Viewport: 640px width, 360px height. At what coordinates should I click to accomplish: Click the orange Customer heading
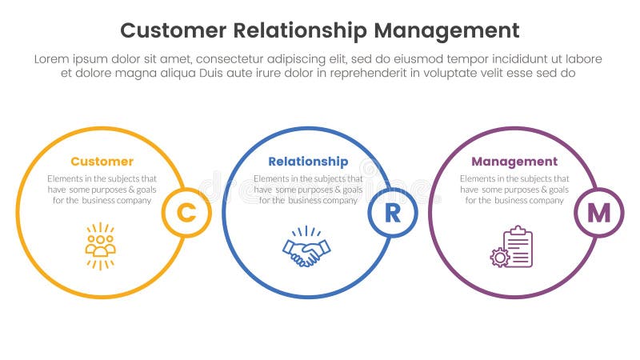pos(102,162)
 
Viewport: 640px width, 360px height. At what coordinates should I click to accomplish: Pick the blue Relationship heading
pos(308,162)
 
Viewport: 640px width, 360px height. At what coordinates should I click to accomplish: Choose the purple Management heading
pos(514,162)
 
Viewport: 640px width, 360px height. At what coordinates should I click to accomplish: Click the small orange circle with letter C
pos(186,213)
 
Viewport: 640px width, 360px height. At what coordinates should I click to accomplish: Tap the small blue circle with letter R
pos(392,213)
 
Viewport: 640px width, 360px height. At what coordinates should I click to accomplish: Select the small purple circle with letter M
pos(598,213)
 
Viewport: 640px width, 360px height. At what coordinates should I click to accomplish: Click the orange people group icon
pos(101,246)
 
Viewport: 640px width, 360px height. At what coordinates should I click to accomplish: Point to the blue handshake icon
pos(306,247)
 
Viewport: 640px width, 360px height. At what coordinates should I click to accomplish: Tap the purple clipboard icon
pos(518,247)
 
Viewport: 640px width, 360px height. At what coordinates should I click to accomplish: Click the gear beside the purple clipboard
pos(500,257)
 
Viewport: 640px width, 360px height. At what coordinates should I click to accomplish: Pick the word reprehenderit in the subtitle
pos(376,73)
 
